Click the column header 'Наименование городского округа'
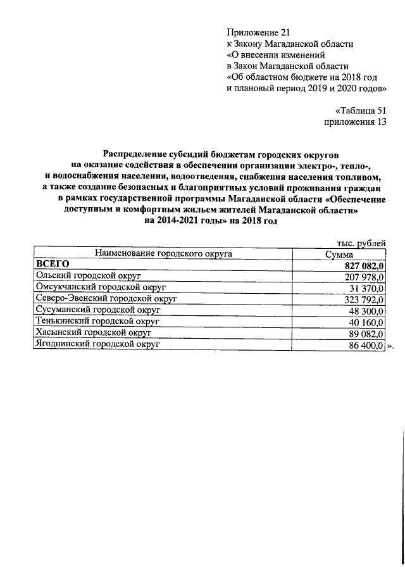click(163, 254)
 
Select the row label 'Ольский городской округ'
click(88, 276)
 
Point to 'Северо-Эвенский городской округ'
click(106, 299)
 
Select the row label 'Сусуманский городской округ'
click(98, 310)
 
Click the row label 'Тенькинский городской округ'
click(97, 322)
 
